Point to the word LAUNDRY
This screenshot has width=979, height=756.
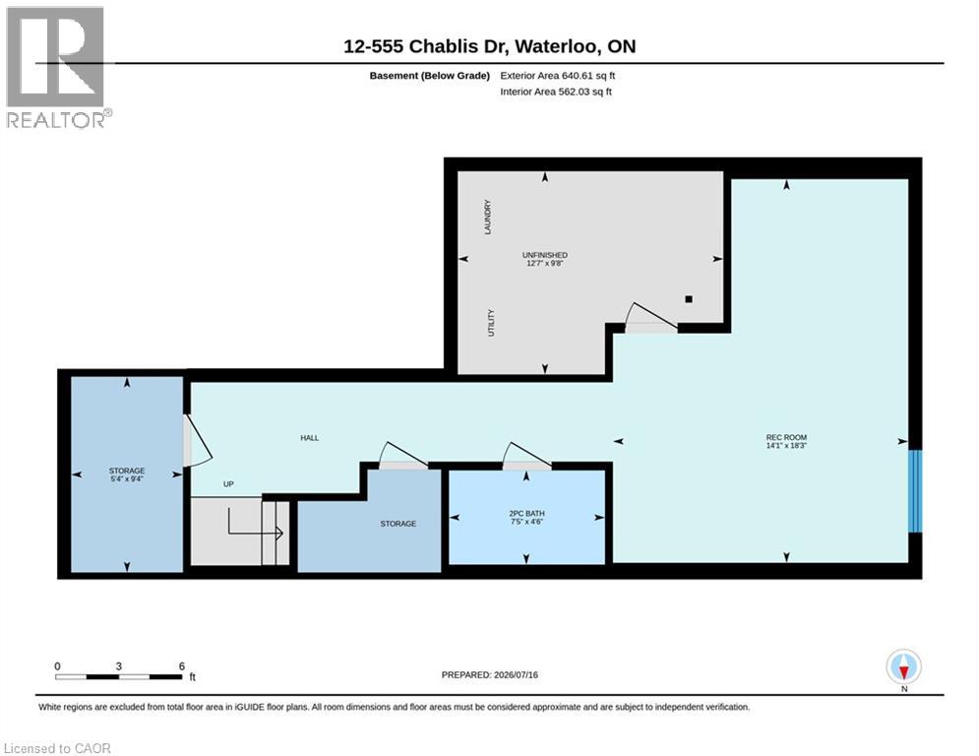click(488, 217)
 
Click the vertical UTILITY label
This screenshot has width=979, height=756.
click(491, 323)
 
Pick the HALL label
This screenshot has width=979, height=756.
click(309, 438)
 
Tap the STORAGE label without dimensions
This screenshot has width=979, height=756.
click(398, 524)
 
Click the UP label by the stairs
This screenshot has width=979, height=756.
click(228, 484)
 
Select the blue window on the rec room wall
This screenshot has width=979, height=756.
click(915, 491)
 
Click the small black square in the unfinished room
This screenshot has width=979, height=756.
click(689, 299)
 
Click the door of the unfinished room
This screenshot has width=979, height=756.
click(651, 317)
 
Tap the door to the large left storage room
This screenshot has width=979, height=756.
click(198, 440)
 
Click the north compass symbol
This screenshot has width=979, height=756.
click(903, 667)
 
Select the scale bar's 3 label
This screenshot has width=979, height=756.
click(119, 666)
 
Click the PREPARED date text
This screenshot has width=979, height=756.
click(490, 674)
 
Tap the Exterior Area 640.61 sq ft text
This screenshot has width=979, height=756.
click(558, 76)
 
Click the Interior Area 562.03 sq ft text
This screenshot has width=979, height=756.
click(556, 92)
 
